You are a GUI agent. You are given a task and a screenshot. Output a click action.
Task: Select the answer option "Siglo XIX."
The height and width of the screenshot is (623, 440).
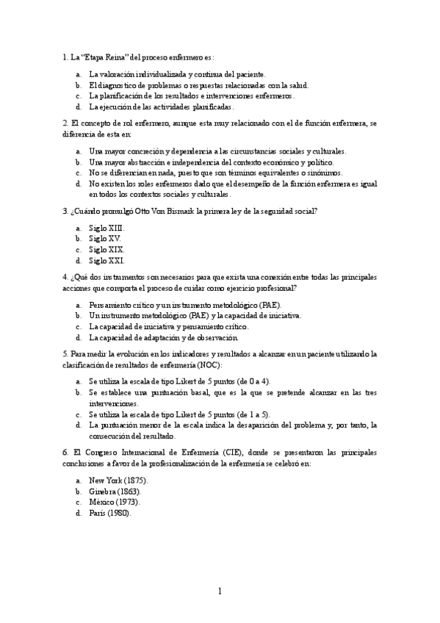click(x=107, y=250)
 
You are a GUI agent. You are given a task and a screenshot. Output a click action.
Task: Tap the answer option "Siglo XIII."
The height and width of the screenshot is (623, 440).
click(x=107, y=228)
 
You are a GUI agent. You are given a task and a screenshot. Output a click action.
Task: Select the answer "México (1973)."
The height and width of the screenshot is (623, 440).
click(x=114, y=502)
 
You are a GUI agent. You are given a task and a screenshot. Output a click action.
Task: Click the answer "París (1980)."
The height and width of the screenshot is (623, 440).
click(x=110, y=513)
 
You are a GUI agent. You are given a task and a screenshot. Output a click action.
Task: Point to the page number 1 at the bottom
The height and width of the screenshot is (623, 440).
click(x=220, y=591)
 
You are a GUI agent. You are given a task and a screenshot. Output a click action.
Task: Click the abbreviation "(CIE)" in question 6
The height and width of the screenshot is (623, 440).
click(x=206, y=453)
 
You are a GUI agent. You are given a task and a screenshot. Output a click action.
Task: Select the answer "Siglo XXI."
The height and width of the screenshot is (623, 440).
click(x=107, y=260)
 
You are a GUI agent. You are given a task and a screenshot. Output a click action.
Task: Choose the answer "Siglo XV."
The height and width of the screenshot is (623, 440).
click(x=106, y=239)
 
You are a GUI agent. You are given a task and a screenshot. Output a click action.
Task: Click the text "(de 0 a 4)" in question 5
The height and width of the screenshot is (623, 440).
click(x=253, y=381)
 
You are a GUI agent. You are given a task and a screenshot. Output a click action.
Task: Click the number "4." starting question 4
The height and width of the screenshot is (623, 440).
click(x=66, y=277)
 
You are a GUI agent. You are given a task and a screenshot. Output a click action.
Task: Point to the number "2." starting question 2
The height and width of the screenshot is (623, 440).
click(x=66, y=123)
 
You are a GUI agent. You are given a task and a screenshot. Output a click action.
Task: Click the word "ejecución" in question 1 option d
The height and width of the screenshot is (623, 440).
click(x=116, y=107)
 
